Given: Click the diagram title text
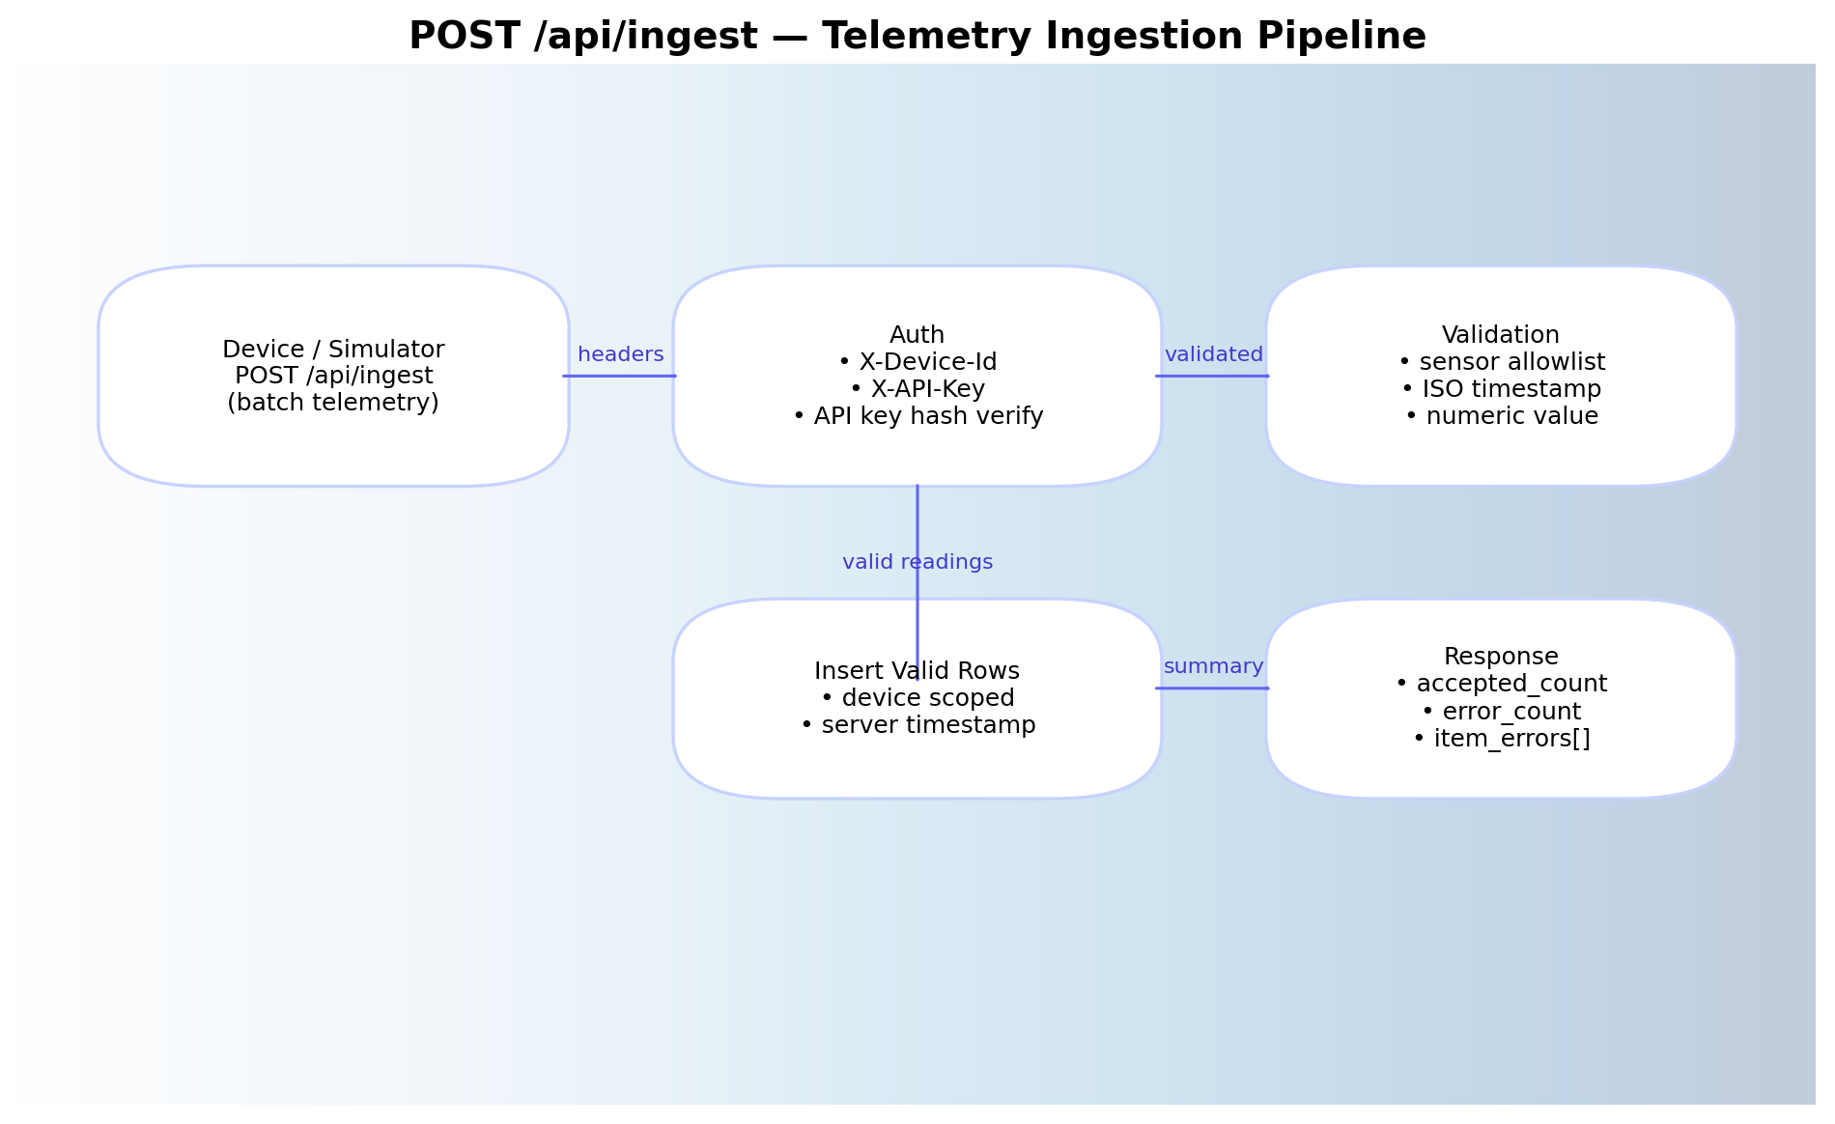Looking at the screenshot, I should pyautogui.click(x=917, y=37).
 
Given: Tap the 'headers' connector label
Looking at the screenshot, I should pyautogui.click(x=620, y=354).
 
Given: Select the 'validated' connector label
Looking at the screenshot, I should pyautogui.click(x=1213, y=354).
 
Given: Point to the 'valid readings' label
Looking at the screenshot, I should pyautogui.click(x=917, y=562).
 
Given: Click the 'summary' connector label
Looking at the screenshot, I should pyautogui.click(x=1213, y=666).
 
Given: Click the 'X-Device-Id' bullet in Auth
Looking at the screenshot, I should pyautogui.click(x=917, y=362).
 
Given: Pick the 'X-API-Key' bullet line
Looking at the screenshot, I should pyautogui.click(x=917, y=389).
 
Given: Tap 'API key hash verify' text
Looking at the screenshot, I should pyautogui.click(x=917, y=416).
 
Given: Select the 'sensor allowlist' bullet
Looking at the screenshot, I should pyautogui.click(x=1501, y=362).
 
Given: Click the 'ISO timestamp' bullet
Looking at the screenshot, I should pyautogui.click(x=1501, y=389).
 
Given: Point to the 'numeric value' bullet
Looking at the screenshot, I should pyautogui.click(x=1501, y=416).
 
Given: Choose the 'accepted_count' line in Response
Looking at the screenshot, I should pyautogui.click(x=1501, y=684).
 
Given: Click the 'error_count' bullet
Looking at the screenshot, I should pyautogui.click(x=1501, y=712).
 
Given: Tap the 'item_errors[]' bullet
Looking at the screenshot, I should pyautogui.click(x=1501, y=739).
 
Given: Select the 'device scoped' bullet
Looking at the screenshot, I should pyautogui.click(x=917, y=698).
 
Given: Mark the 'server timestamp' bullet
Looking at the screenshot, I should pyautogui.click(x=917, y=725).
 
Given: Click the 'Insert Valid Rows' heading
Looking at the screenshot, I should pyautogui.click(x=917, y=671).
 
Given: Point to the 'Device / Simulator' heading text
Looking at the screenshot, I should pyautogui.click(x=333, y=350).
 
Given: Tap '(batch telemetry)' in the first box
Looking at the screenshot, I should pyautogui.click(x=333, y=403).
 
